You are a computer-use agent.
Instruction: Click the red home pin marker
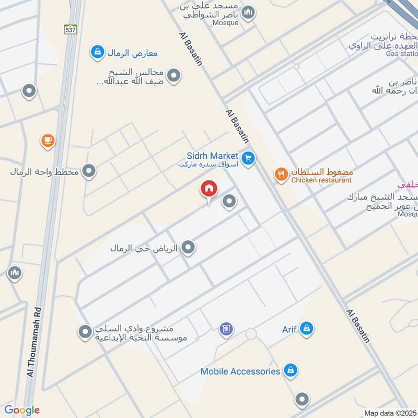(209, 189)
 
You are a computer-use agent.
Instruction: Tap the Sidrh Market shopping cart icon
(248, 157)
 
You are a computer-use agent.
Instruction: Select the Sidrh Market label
(213, 156)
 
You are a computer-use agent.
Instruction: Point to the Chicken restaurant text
(321, 180)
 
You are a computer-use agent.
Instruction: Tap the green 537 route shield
(71, 30)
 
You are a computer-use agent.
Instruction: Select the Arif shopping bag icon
(307, 329)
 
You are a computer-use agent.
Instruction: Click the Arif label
(289, 329)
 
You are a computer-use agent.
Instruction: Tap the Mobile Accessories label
(240, 371)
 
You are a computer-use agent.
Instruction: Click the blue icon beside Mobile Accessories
(291, 371)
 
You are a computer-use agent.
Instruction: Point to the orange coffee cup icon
(48, 141)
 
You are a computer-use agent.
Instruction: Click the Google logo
(22, 411)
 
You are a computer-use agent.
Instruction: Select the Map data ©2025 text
(389, 413)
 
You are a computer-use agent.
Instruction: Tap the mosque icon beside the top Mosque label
(249, 12)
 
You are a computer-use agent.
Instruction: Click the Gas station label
(402, 53)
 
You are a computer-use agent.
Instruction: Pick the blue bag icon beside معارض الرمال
(97, 52)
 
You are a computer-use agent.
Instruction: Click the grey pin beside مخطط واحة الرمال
(89, 171)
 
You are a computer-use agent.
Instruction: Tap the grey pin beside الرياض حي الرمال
(188, 248)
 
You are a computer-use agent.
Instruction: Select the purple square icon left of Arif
(226, 329)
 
